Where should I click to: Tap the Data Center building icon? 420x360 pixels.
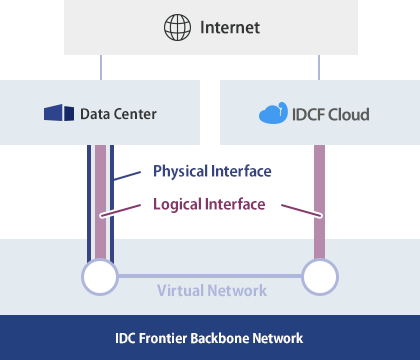59,114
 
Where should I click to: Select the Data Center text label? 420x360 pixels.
119,114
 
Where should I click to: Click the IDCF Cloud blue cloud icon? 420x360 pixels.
273,114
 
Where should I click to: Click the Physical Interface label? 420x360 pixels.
211,171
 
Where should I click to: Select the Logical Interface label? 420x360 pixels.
209,204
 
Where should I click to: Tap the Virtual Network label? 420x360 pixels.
212,290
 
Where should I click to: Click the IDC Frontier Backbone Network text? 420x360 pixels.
210,338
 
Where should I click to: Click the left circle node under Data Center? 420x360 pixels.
100,275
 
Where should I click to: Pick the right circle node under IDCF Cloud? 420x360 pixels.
320,275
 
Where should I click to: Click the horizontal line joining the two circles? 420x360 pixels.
210,275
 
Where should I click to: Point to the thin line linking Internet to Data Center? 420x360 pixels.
101,67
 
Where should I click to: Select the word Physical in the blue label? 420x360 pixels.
180,171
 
